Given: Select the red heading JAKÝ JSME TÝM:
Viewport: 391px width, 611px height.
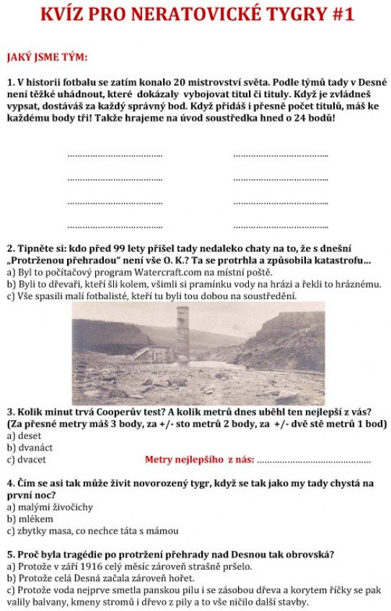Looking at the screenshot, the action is pos(47,57).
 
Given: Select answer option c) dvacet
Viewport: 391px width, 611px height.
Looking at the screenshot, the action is pos(27,459).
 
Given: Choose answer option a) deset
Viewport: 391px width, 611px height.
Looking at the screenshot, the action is pos(25,436).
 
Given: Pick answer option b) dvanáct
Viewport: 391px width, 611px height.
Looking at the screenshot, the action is pos(30,447).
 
